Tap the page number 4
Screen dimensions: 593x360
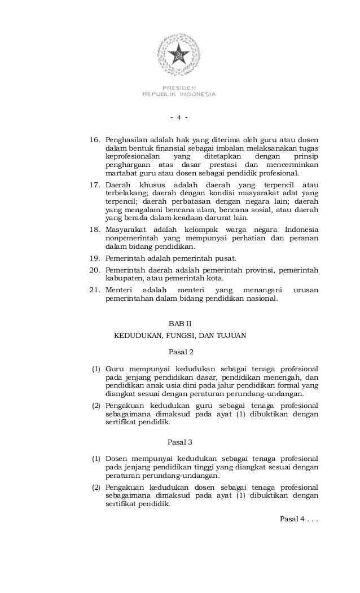(178, 118)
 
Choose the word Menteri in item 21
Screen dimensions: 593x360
(118, 290)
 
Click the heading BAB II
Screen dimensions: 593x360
(181, 324)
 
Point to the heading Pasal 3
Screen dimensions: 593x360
(181, 441)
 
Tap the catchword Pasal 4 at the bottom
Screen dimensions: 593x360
(292, 519)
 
